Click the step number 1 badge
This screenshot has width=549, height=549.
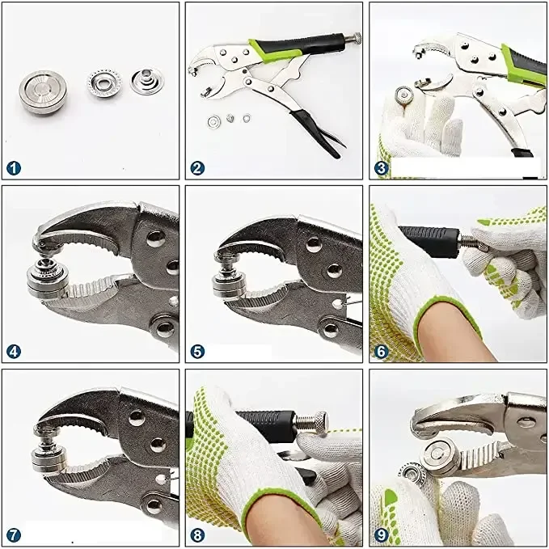[14, 168]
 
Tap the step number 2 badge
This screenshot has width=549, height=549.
[197, 168]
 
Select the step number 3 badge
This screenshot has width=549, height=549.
[382, 168]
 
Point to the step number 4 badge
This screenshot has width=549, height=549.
[14, 352]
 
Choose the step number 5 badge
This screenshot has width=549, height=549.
[197, 352]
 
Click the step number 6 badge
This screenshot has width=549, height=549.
[382, 352]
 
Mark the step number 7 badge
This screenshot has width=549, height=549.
[14, 535]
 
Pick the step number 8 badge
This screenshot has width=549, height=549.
[197, 535]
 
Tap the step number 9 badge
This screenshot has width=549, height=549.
[382, 535]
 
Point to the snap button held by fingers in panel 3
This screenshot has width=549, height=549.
[405, 95]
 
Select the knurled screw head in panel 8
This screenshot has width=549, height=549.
[320, 421]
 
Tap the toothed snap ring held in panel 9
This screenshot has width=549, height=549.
[412, 474]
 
